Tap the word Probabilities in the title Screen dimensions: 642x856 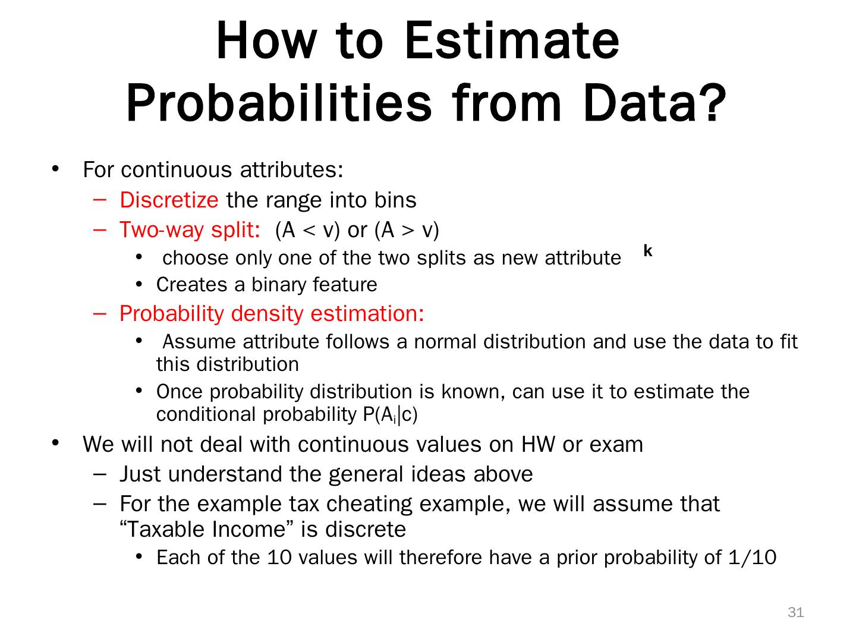(x=279, y=103)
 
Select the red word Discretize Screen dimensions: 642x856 (x=169, y=200)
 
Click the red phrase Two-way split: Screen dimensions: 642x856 (x=190, y=229)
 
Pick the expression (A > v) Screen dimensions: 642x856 (x=407, y=229)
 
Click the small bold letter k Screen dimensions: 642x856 (x=648, y=251)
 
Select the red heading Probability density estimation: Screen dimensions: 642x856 (x=272, y=313)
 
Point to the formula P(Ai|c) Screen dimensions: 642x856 (x=390, y=414)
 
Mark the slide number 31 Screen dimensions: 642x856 (x=795, y=613)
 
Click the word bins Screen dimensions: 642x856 (x=395, y=200)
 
